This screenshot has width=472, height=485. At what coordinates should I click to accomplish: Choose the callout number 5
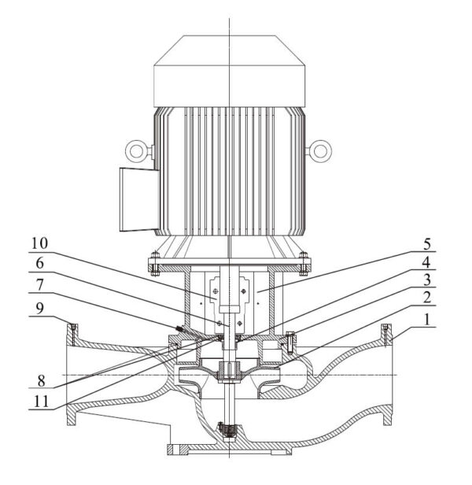423,242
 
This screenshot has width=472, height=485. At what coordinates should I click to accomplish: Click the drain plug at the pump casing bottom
227,432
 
